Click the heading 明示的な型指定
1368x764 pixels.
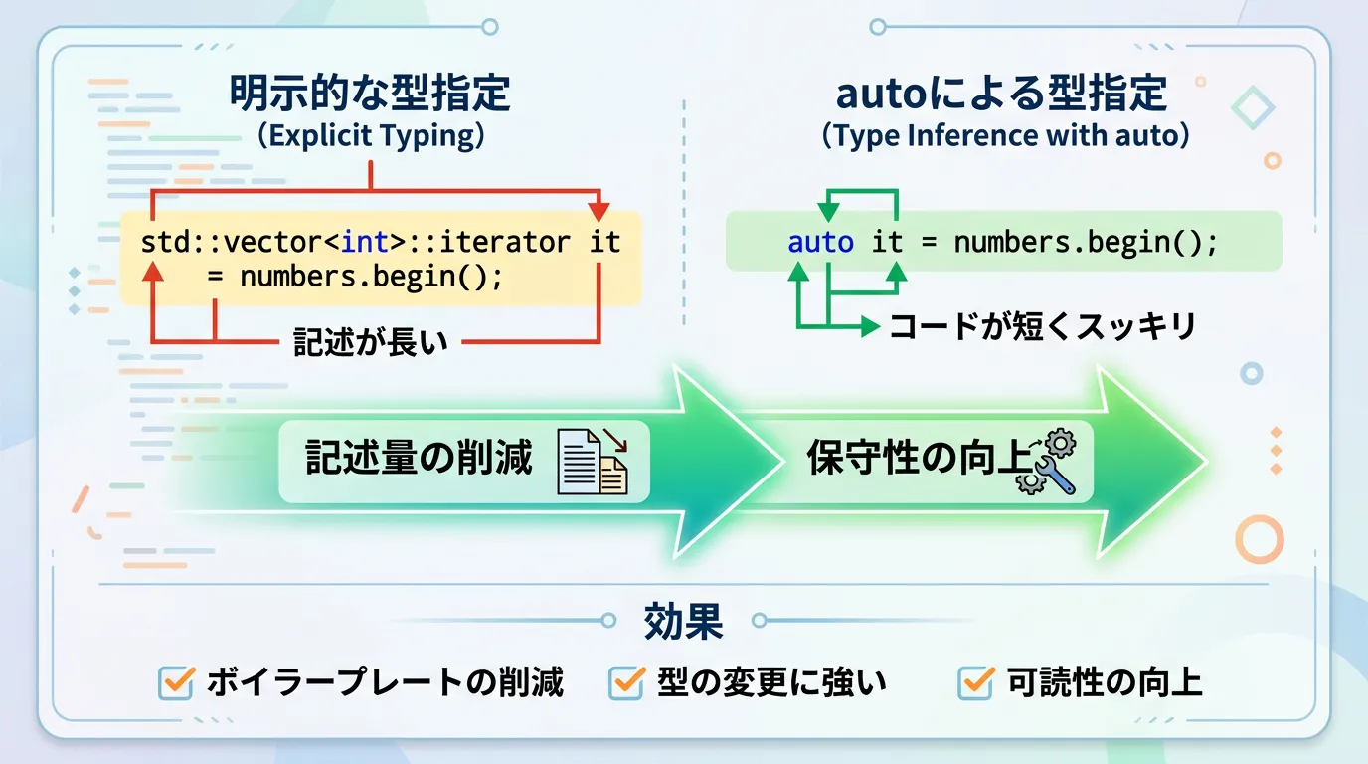pos(370,93)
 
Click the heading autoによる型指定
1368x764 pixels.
pos(1001,93)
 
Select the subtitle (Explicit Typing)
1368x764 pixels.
pos(371,135)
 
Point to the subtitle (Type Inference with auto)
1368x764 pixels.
pos(1005,135)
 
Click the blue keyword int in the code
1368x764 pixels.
pos(364,242)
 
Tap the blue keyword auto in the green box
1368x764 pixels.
pos(820,242)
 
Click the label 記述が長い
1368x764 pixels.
pos(371,341)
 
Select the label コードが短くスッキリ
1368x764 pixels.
pos(1043,325)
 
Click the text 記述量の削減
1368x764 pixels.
pos(419,458)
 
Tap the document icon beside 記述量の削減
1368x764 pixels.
pos(593,462)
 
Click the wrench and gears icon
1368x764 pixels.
pos(1047,462)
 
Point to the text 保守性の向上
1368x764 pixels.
pos(919,458)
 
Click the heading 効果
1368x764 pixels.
pos(683,621)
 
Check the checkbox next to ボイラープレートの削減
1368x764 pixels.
pos(177,682)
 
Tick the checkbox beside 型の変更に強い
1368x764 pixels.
pos(626,682)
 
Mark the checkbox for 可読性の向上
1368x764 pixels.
pos(975,682)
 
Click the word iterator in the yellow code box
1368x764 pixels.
pos(504,242)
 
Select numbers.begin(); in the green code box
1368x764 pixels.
pos(1086,242)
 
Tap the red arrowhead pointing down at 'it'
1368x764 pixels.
pos(599,212)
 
